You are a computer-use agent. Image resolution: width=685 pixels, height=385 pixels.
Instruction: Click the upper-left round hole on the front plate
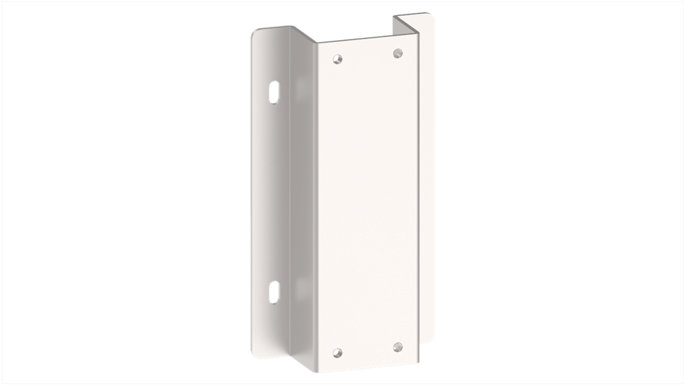tap(339, 60)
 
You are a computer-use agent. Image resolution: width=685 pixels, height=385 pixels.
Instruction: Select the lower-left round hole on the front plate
tap(339, 352)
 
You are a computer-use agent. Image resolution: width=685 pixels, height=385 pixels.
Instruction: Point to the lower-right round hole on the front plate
tap(398, 346)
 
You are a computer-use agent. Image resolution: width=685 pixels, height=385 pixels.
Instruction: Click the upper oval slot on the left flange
tap(274, 93)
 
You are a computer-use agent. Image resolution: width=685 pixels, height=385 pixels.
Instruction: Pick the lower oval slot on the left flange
tap(274, 292)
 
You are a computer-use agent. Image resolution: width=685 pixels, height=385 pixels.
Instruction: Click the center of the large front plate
tap(368, 203)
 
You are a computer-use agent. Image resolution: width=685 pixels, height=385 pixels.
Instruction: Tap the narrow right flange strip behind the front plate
tap(427, 193)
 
